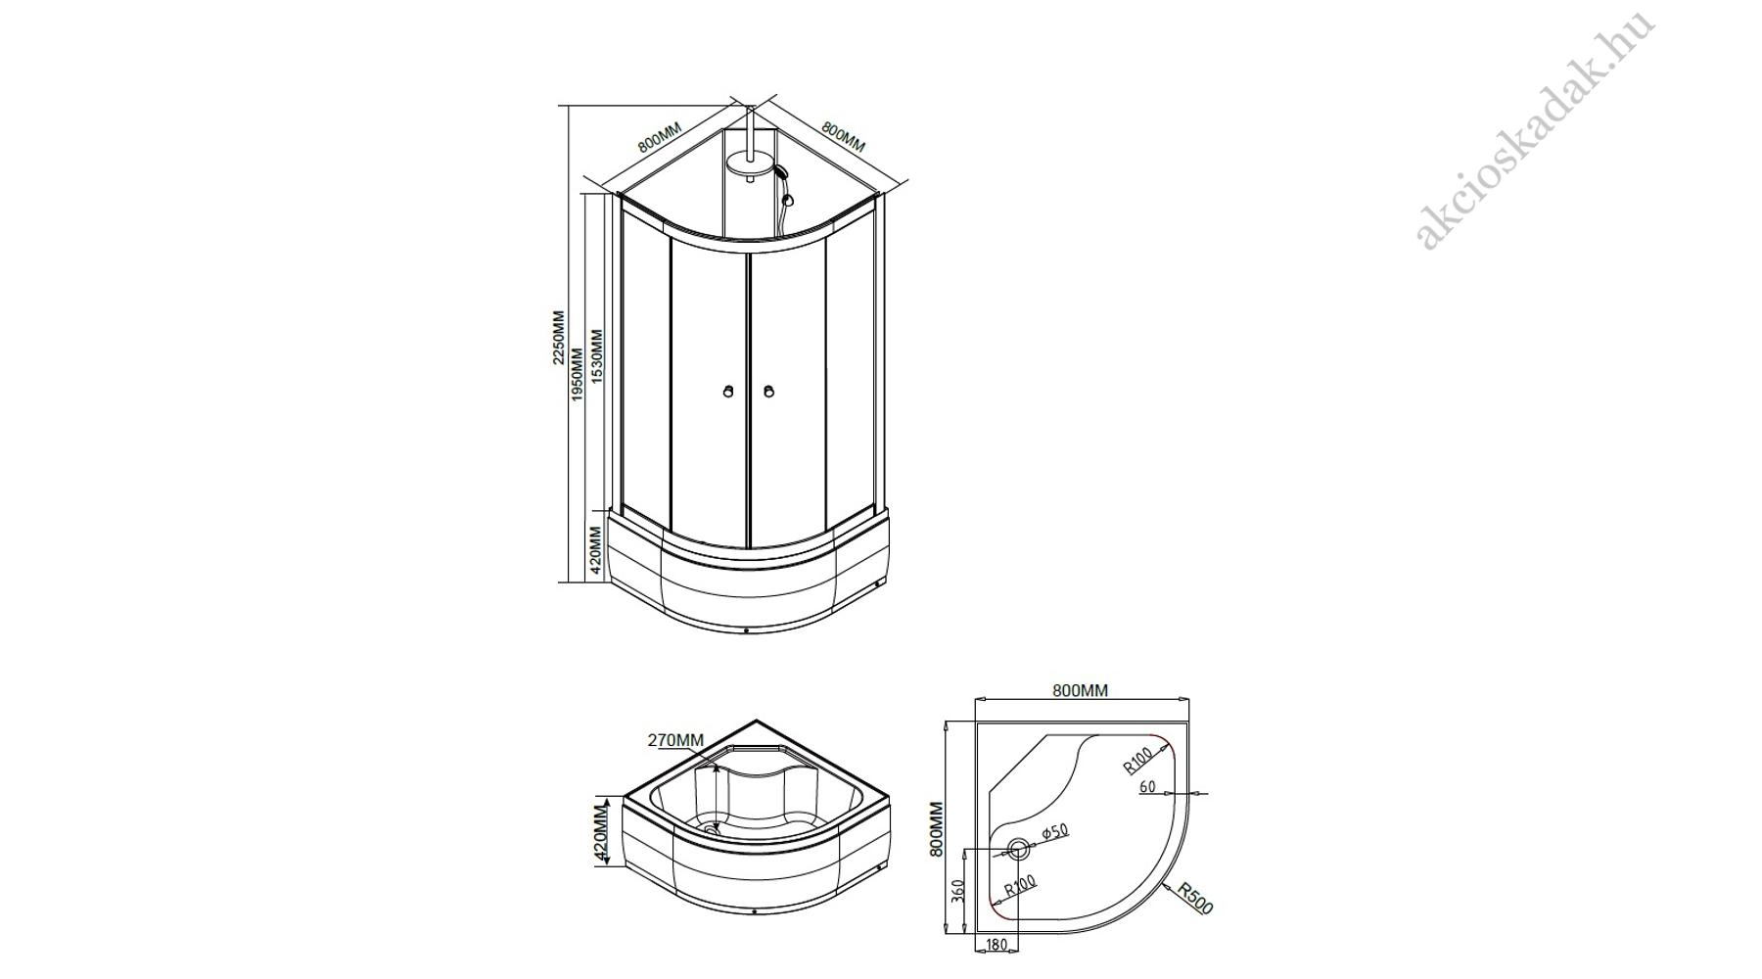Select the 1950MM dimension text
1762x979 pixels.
coord(578,374)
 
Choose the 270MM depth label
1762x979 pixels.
coord(675,740)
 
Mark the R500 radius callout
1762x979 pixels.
coord(1195,899)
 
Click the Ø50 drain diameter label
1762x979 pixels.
coord(1053,831)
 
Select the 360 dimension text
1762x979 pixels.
coord(958,892)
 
